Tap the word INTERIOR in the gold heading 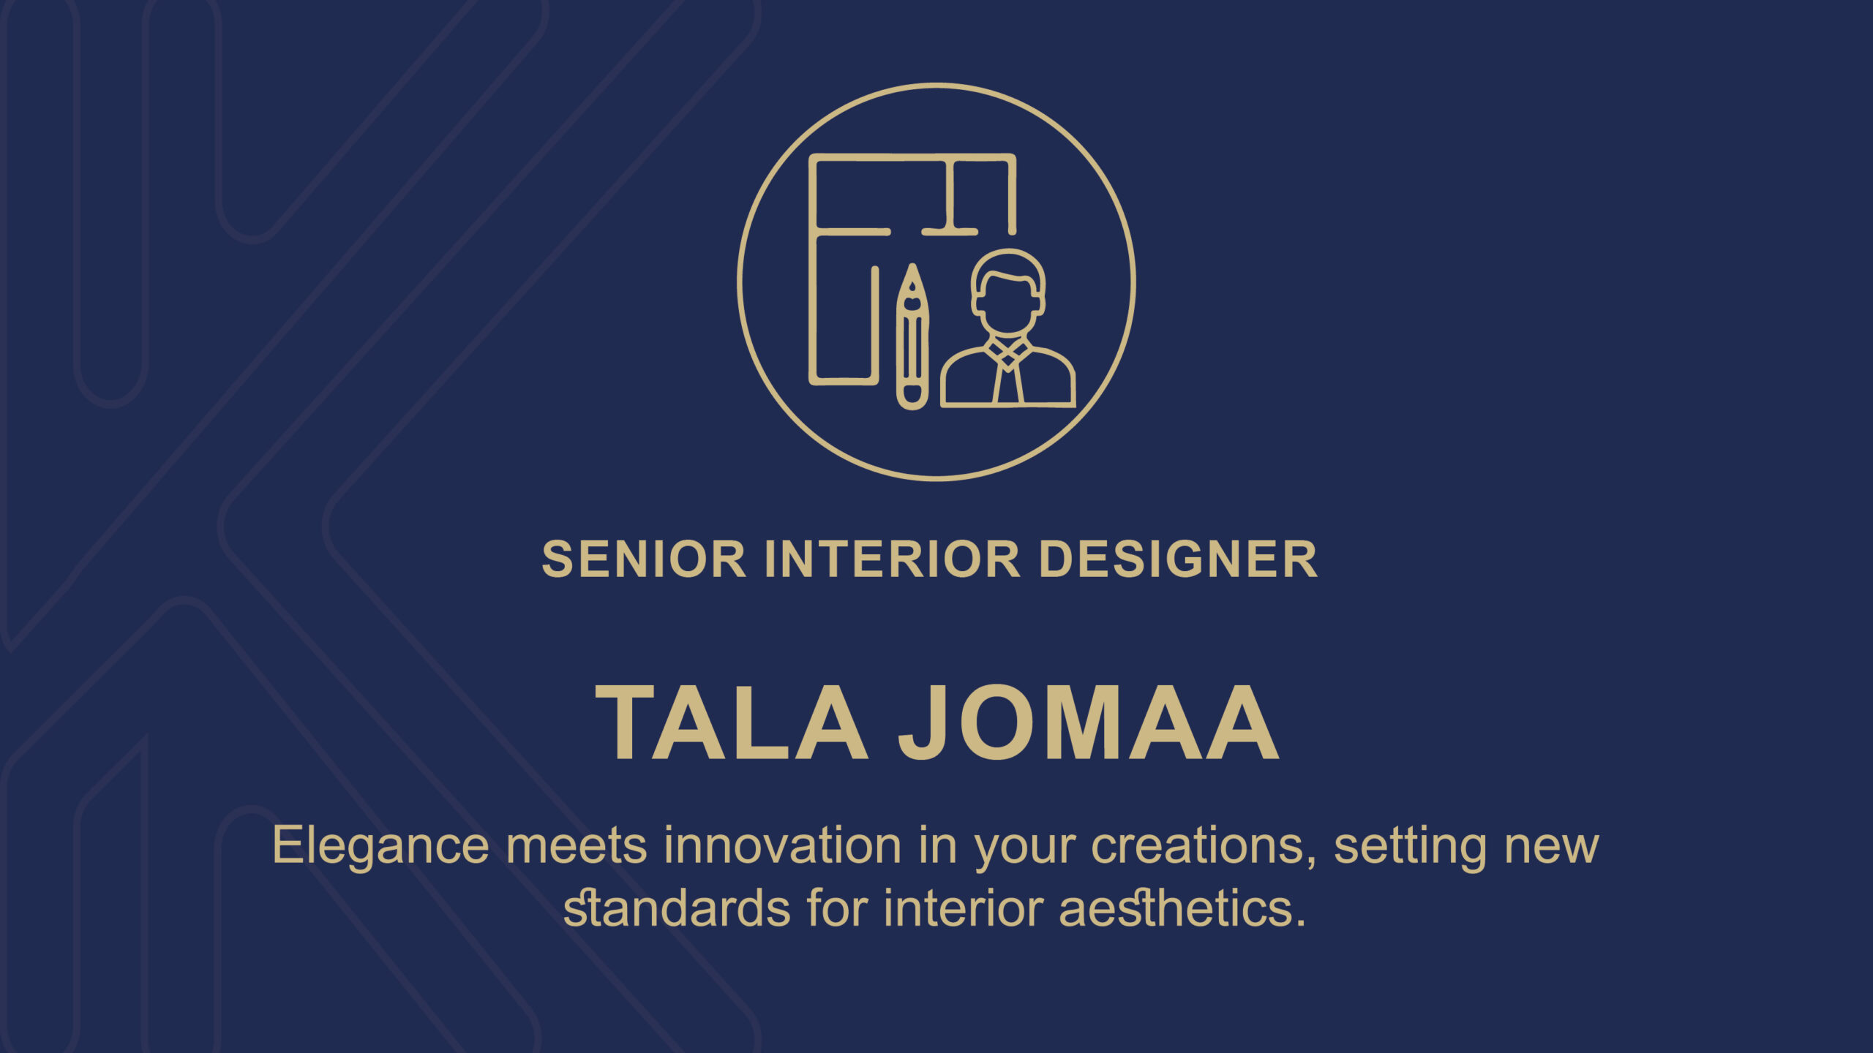tap(892, 559)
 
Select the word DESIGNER tap(1178, 559)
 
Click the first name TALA tap(732, 722)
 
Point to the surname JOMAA tap(1088, 722)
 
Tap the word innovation tap(783, 845)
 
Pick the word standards tap(677, 908)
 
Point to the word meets tap(577, 847)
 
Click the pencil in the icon tap(912, 336)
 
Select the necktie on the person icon tap(1008, 379)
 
